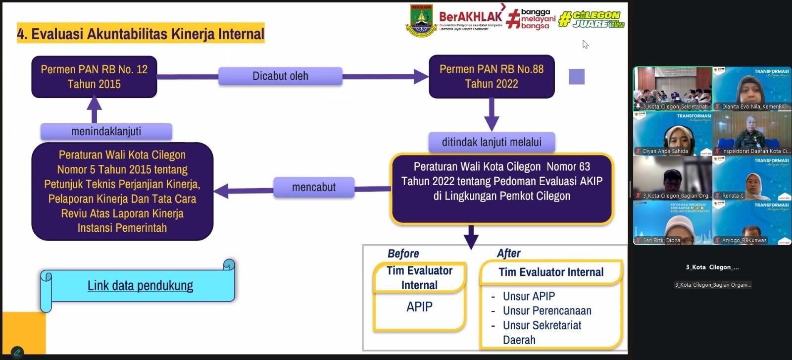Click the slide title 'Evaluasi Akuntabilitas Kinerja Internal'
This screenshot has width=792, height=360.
(141, 34)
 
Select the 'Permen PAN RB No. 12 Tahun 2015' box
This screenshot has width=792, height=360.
(94, 76)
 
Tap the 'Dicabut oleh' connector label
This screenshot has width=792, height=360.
(280, 76)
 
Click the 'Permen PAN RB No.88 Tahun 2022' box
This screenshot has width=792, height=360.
(492, 76)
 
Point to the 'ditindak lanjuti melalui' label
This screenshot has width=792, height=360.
(492, 142)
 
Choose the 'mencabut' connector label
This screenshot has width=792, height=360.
(314, 187)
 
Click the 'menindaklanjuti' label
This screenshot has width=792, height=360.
(106, 131)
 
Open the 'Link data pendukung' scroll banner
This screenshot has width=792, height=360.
(140, 285)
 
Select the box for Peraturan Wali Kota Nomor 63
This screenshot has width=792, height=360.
(502, 188)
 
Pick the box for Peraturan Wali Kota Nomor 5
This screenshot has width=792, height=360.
(122, 191)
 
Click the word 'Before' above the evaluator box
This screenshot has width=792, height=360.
(403, 254)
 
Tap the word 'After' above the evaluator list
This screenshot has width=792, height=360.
(508, 253)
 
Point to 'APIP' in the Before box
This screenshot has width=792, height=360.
(419, 307)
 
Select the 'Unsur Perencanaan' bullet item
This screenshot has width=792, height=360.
(547, 310)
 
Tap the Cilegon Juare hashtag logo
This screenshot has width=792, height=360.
(591, 19)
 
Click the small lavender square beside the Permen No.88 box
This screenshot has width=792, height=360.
(577, 76)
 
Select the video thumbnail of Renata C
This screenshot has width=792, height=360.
(751, 178)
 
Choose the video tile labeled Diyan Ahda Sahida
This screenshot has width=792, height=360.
(673, 134)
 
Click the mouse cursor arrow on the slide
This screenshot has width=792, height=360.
(585, 45)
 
